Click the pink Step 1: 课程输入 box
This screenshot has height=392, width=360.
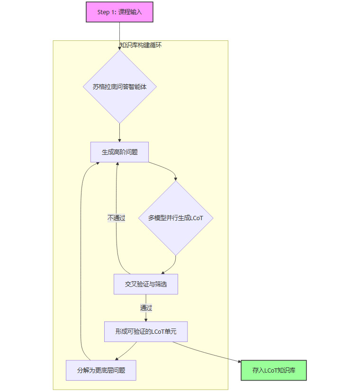[x=119, y=12]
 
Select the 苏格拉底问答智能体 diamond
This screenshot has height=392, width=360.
[x=119, y=87]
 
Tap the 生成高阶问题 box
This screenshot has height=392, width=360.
[x=119, y=152]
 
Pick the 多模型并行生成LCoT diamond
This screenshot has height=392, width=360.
[x=176, y=218]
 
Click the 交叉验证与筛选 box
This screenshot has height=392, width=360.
[x=145, y=284]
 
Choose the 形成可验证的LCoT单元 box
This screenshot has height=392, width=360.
[x=145, y=331]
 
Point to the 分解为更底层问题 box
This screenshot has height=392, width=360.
[x=101, y=370]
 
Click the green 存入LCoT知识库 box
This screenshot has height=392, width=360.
[x=274, y=370]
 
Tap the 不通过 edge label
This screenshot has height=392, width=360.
[x=117, y=218]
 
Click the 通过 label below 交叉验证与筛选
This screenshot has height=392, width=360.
[x=146, y=308]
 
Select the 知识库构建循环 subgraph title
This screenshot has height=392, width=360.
[x=141, y=45]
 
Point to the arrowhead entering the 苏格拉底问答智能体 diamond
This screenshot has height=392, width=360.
[x=119, y=48]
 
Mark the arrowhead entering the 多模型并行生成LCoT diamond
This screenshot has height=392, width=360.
[x=176, y=179]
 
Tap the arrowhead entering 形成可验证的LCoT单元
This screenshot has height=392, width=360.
[x=145, y=320]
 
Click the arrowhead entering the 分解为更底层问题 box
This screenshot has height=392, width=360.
[x=116, y=358]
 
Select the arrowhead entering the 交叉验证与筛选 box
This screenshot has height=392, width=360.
[x=162, y=273]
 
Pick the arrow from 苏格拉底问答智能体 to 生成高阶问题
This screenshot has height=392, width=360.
[x=119, y=133]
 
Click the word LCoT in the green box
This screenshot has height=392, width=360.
[x=271, y=370]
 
